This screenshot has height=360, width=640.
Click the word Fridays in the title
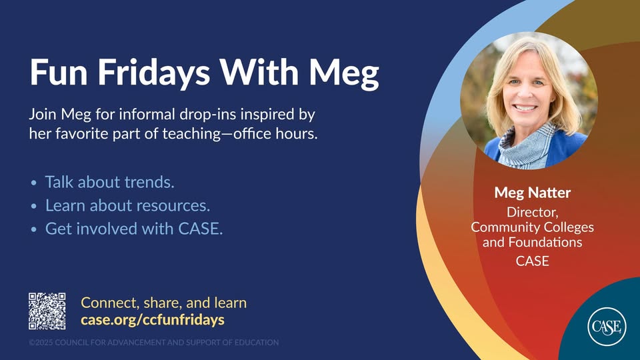click(x=153, y=72)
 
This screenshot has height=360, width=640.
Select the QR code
click(x=47, y=311)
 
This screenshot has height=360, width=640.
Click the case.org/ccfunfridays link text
click(x=153, y=319)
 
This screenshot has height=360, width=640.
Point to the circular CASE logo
click(x=607, y=327)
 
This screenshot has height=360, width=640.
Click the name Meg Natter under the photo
click(x=532, y=193)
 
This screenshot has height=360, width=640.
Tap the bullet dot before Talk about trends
click(x=34, y=183)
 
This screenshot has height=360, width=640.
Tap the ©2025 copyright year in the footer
click(x=41, y=343)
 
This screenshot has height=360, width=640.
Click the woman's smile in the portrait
click(x=525, y=108)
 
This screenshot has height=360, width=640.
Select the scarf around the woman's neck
click(x=527, y=147)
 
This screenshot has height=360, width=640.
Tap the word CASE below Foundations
click(x=532, y=261)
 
